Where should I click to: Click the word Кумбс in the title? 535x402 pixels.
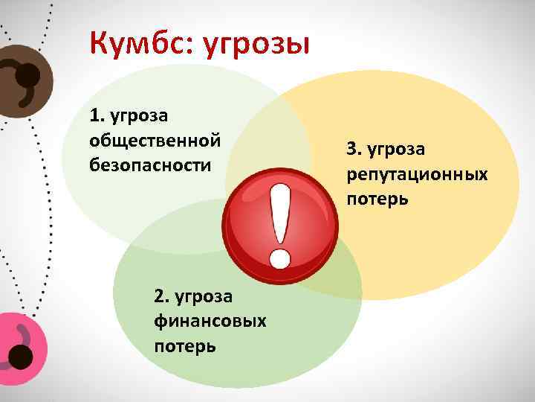[137, 43]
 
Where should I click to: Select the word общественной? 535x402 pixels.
[155, 140]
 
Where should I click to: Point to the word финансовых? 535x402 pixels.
[211, 322]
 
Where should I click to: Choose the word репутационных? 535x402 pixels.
[417, 174]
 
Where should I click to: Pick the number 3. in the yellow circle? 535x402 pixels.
[353, 150]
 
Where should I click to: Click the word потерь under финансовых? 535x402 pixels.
[185, 345]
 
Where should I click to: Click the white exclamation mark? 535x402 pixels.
[280, 216]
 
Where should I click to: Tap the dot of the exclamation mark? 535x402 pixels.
[280, 258]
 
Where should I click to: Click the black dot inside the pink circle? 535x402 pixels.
[20, 357]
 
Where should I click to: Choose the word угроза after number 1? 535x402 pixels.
[138, 116]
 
